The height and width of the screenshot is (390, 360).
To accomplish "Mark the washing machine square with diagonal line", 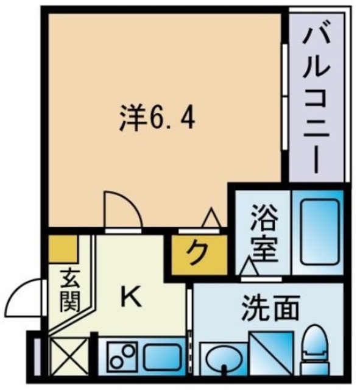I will click(273, 356).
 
